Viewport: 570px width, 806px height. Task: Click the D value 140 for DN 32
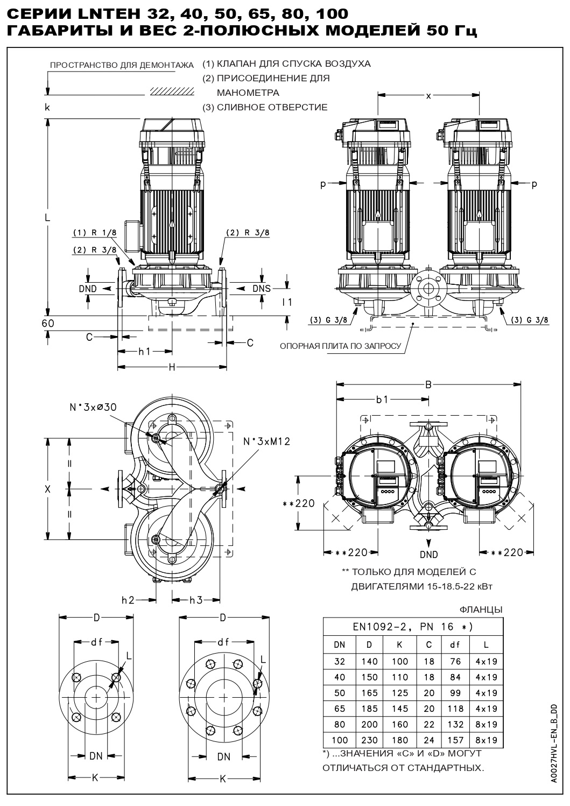370,661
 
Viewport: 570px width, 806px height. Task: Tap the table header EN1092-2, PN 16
413,626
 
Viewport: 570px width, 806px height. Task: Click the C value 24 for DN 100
428,740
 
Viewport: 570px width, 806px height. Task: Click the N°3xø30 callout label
93,407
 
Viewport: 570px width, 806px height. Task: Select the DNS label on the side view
262,289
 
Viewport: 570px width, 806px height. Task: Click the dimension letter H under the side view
172,367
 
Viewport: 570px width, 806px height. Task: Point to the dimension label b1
383,400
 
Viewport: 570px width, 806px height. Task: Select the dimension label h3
196,600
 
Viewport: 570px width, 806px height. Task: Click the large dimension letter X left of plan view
47,489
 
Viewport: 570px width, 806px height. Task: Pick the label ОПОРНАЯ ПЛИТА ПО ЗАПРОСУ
340,346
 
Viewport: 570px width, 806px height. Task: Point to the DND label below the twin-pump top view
428,555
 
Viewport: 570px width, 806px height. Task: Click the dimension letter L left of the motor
47,218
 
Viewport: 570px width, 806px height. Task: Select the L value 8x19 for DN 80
487,725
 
